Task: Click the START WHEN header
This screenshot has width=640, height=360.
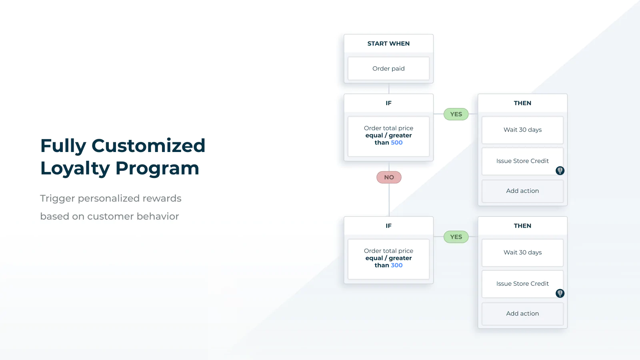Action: (x=388, y=44)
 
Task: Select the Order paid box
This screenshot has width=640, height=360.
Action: (x=388, y=68)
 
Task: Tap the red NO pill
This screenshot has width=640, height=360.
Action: (x=389, y=178)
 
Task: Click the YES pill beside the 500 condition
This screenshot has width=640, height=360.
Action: (x=456, y=114)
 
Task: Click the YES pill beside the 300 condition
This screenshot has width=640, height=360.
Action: (x=456, y=237)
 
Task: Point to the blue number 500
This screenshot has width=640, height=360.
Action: (x=396, y=142)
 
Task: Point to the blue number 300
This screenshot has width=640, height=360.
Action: (x=396, y=265)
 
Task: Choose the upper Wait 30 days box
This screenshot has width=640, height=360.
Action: (x=522, y=130)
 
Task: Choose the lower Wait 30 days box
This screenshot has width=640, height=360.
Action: (x=522, y=252)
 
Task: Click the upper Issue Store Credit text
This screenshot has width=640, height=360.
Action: (x=522, y=161)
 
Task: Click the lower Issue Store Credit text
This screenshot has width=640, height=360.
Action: (x=522, y=284)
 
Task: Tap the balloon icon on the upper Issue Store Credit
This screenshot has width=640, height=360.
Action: (x=560, y=170)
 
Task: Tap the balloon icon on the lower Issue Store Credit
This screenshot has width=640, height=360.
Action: (x=560, y=293)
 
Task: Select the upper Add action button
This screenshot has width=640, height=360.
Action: (x=522, y=191)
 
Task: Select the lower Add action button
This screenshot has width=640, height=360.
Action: (x=522, y=314)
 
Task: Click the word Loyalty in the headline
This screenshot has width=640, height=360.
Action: (x=75, y=168)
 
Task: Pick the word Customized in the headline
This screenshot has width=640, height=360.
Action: (x=148, y=146)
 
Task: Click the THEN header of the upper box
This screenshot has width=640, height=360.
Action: (x=522, y=103)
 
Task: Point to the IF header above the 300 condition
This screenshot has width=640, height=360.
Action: (x=388, y=226)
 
